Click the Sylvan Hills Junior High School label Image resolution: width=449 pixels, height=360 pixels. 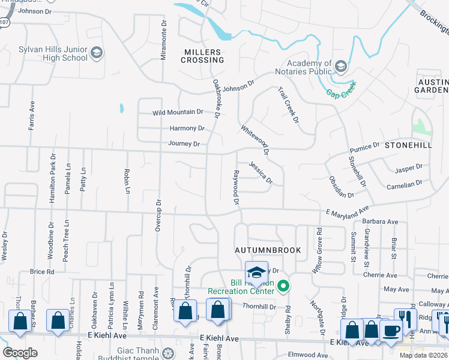[x=53, y=53]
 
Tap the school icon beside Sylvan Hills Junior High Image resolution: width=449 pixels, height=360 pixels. [x=97, y=54]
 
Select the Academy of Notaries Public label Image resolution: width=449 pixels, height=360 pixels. [x=309, y=67]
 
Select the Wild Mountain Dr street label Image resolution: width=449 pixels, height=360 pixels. [x=178, y=112]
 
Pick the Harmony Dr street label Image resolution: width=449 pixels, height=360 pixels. [x=187, y=128]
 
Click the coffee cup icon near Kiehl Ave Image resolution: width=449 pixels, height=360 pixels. [x=391, y=331]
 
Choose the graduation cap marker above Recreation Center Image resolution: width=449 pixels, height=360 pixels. [x=256, y=273]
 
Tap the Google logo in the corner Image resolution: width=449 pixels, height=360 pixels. [x=20, y=353]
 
